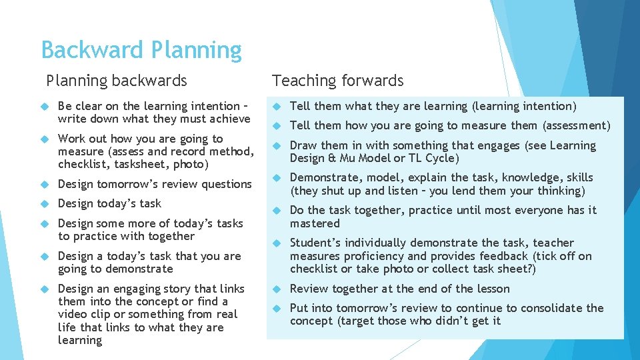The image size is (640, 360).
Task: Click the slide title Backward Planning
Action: pos(141,50)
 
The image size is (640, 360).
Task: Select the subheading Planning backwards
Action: pos(117,81)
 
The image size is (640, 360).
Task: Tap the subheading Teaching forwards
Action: pos(337,81)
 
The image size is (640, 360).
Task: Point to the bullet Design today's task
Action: pos(109,203)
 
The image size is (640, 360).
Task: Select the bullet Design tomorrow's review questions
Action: pos(155,184)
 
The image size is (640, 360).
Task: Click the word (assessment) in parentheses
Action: pos(576,125)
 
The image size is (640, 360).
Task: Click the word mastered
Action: pos(315,223)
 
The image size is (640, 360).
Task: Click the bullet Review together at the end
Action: pos(399,289)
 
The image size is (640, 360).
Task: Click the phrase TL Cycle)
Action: pos(437,158)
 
